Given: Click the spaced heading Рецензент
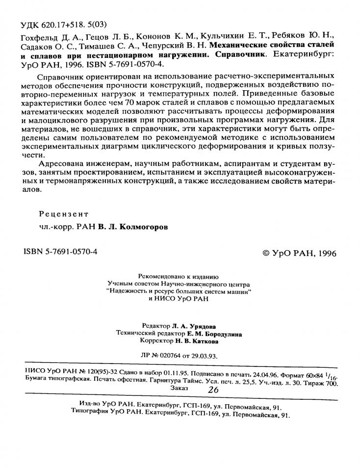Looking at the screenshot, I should pos(64,214).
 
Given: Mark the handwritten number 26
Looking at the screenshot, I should pos(213,390).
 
